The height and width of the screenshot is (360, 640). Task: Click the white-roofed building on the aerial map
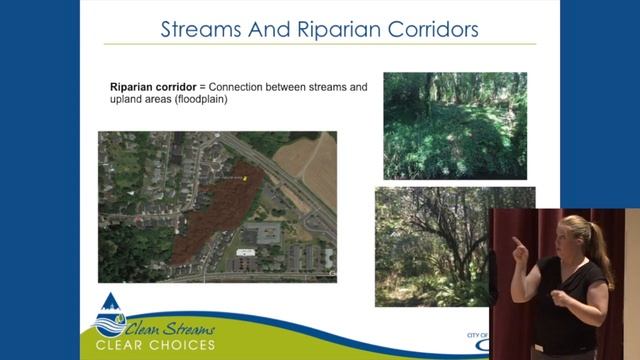coord(245,252)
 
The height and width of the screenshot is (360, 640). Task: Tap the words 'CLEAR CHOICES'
coord(155,346)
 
